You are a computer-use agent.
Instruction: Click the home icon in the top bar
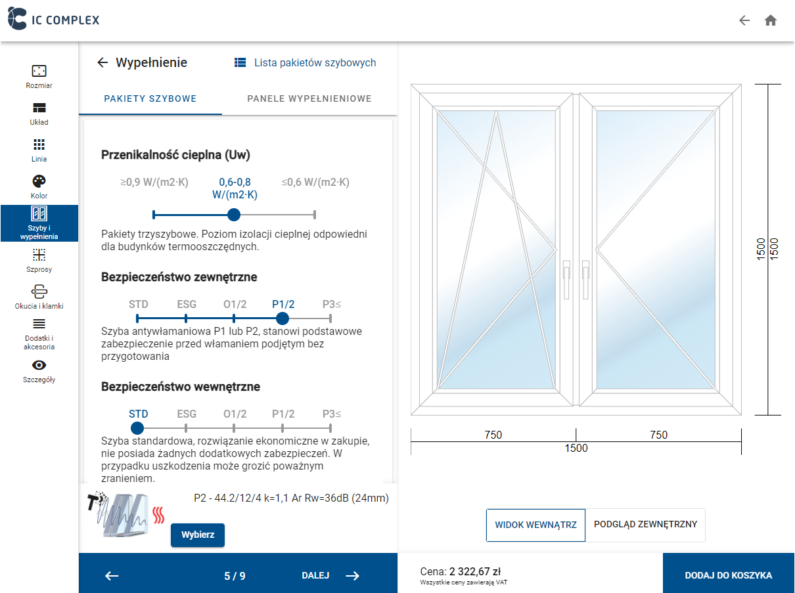(771, 20)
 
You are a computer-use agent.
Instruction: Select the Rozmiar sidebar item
(39, 76)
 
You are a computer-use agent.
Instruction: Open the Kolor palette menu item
(39, 187)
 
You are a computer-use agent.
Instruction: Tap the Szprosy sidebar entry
(39, 260)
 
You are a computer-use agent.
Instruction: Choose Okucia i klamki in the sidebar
(39, 297)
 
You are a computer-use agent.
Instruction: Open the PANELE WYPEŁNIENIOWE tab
(309, 99)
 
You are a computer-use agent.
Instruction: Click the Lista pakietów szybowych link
(306, 63)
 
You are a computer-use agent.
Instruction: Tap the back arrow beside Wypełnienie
(102, 63)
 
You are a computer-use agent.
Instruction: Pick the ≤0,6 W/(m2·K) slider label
(315, 183)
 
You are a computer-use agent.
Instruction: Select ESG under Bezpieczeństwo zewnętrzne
(187, 304)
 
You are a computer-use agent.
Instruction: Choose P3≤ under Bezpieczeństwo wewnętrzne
(332, 414)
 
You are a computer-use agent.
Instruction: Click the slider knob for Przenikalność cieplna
(233, 214)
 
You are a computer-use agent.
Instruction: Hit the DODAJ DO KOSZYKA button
(728, 575)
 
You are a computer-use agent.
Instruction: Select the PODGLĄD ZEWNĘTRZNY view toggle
(645, 525)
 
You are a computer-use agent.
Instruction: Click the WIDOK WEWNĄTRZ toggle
(535, 525)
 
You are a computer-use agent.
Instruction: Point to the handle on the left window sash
(566, 271)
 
